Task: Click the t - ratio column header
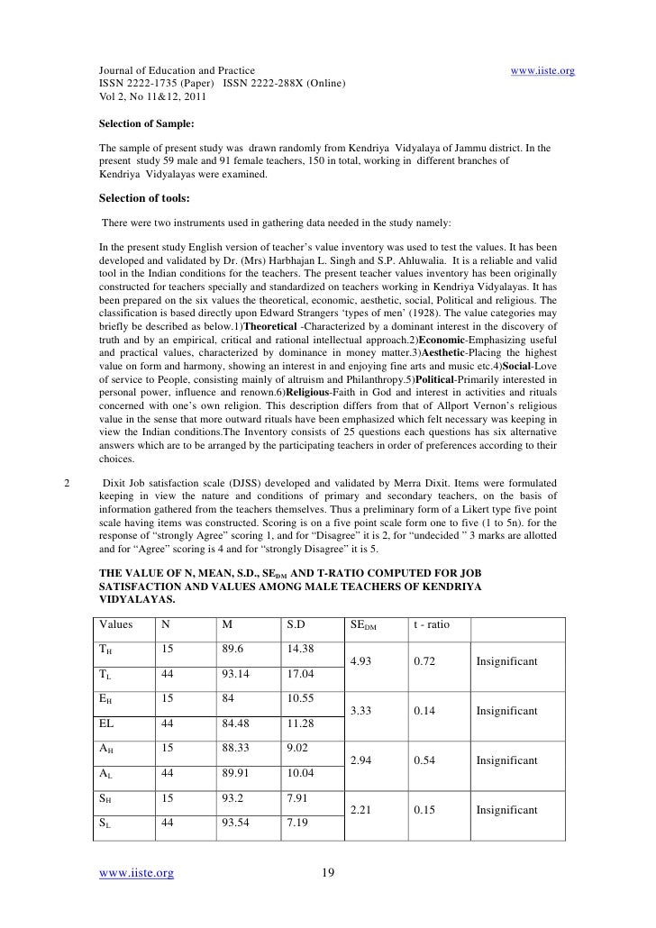click(x=435, y=623)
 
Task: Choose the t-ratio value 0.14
click(x=424, y=712)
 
